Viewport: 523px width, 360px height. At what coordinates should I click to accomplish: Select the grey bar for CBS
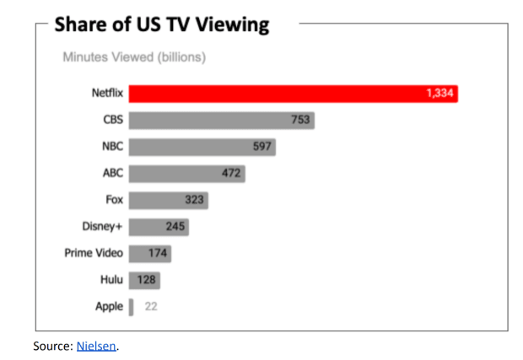tap(221, 121)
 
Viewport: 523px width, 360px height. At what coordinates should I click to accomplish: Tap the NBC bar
tap(202, 147)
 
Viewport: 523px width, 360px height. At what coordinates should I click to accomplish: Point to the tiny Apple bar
tap(131, 306)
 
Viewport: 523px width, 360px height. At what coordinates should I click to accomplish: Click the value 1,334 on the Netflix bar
tap(439, 94)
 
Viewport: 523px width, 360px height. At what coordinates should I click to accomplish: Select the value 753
tap(300, 121)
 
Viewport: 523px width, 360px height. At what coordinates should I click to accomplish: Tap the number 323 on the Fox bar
tap(195, 201)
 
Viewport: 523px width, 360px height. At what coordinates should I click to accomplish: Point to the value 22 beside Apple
tap(150, 306)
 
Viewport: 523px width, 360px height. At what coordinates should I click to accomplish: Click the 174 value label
tap(157, 253)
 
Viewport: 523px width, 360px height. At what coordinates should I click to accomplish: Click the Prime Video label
tap(94, 253)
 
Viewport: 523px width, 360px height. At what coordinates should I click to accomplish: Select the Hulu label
tap(110, 279)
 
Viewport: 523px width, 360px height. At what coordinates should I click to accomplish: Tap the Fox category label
tap(112, 201)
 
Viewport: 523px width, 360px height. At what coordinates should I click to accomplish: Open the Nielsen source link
tap(96, 345)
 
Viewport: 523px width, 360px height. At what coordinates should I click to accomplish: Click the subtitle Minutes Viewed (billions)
tap(134, 57)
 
